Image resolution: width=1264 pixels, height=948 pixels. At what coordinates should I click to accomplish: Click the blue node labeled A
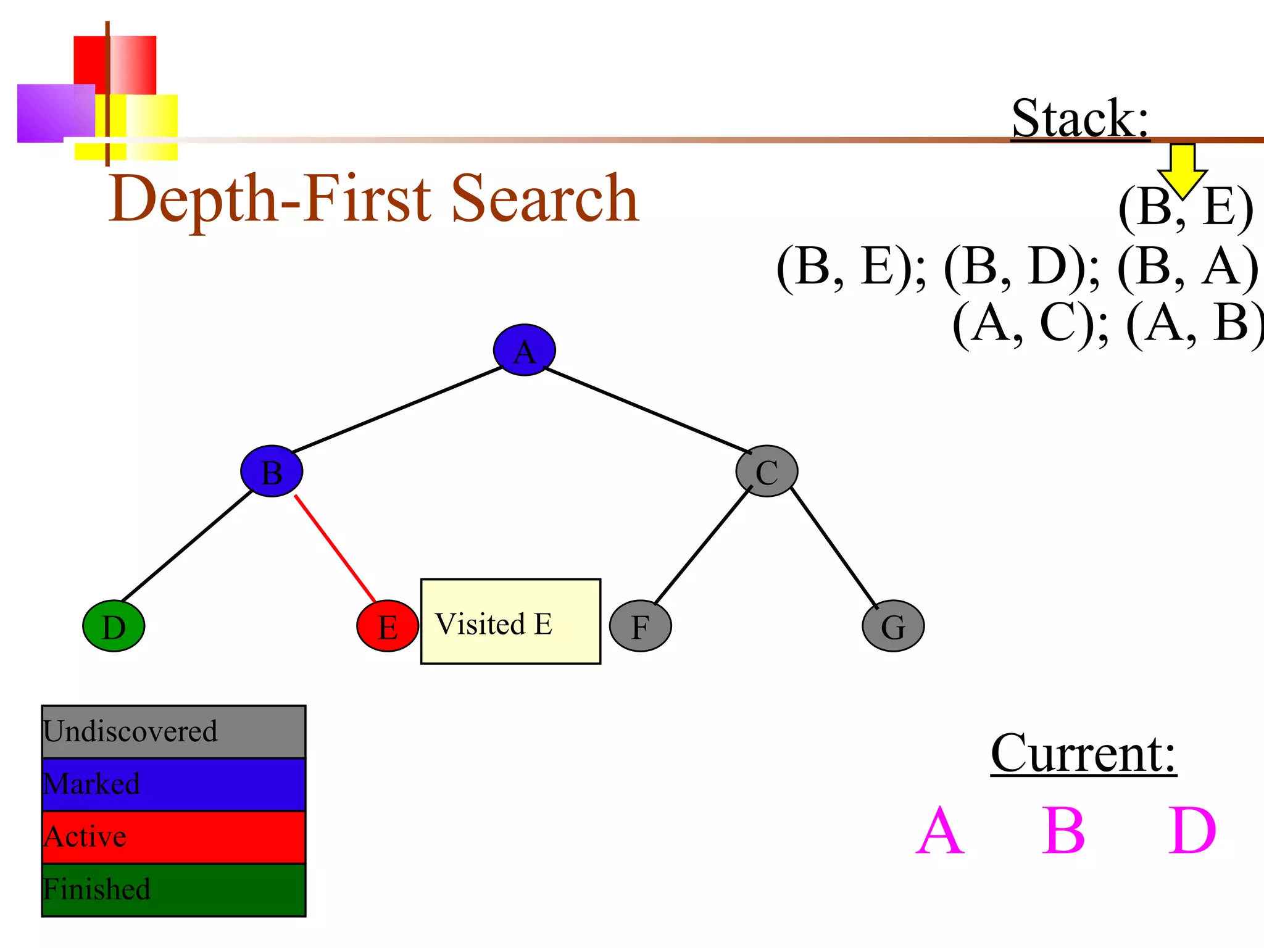pos(524,350)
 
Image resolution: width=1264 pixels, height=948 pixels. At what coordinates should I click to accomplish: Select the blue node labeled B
pos(272,472)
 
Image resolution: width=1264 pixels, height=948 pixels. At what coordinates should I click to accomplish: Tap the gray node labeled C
pos(767,472)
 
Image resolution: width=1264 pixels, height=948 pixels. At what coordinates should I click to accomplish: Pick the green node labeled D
pos(114,626)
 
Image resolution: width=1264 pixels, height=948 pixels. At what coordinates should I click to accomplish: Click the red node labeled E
pos(388,626)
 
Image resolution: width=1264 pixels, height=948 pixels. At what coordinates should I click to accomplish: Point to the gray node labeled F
pos(640,626)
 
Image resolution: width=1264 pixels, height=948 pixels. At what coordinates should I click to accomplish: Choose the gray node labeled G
pos(893,626)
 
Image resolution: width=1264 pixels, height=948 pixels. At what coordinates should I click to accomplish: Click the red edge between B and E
pos(335,548)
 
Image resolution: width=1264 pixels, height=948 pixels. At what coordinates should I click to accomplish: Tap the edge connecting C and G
pos(833,547)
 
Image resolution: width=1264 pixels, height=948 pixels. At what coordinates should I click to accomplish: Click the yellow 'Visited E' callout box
pos(510,622)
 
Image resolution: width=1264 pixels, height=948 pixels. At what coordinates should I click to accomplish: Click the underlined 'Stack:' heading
pos(1080,118)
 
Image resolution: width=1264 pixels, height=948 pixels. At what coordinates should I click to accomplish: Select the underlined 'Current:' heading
pos(1083,754)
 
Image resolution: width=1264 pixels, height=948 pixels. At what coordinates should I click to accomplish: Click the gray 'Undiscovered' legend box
pos(173,731)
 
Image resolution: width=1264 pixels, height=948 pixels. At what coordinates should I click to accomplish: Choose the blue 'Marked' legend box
pos(173,784)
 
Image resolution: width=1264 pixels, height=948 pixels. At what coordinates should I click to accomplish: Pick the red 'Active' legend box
pos(173,837)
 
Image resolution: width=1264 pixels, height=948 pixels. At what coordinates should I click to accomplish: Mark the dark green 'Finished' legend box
pos(173,889)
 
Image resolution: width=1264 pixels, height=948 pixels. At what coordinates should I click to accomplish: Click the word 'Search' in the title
pos(545,199)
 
